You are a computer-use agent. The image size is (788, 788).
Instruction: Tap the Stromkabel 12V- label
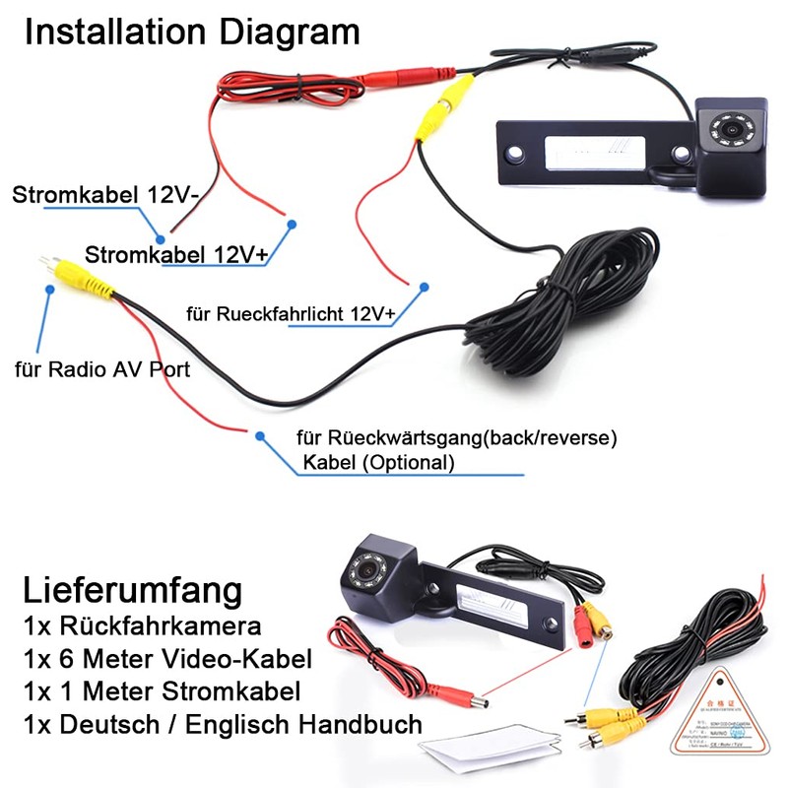pyautogui.click(x=105, y=194)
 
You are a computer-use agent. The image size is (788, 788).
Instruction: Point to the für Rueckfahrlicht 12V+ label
pyautogui.click(x=291, y=314)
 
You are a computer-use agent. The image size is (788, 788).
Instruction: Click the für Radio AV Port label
pyautogui.click(x=101, y=370)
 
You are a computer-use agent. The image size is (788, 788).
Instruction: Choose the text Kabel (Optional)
pyautogui.click(x=380, y=462)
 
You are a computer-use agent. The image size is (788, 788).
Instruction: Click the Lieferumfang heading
pyautogui.click(x=131, y=591)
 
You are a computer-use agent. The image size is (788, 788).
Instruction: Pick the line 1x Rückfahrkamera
pyautogui.click(x=141, y=625)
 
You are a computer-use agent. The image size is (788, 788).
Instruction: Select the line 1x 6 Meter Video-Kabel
pyautogui.click(x=166, y=658)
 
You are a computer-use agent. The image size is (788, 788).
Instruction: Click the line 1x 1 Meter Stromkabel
pyautogui.click(x=161, y=691)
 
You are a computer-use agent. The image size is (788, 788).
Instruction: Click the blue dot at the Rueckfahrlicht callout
pyautogui.click(x=424, y=288)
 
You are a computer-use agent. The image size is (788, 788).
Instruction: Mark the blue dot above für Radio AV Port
pyautogui.click(x=46, y=288)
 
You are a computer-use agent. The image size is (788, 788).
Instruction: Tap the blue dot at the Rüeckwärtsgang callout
pyautogui.click(x=260, y=435)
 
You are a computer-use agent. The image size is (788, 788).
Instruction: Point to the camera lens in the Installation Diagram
pyautogui.click(x=734, y=127)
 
